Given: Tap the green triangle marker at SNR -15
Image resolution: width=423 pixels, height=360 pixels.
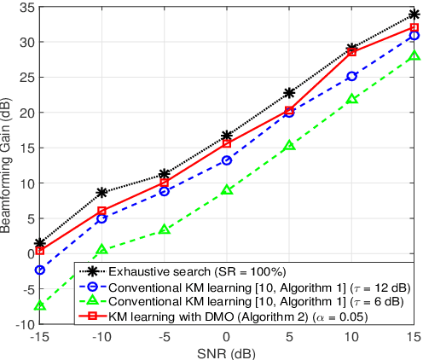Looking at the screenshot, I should (40, 305).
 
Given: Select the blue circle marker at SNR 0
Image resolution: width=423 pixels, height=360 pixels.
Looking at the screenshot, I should (227, 160).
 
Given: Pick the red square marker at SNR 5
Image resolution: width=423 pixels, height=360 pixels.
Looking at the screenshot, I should (289, 110).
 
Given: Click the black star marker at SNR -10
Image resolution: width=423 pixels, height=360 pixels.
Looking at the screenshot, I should (102, 193).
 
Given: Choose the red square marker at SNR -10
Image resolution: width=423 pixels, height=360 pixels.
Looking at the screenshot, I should (102, 211).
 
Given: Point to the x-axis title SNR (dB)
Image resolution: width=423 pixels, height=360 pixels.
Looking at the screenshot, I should (227, 352).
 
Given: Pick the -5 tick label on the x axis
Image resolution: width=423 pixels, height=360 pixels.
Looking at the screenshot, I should (165, 336).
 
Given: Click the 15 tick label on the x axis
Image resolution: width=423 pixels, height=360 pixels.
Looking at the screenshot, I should (414, 336).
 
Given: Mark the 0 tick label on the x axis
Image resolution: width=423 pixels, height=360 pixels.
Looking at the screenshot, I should (227, 336).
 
